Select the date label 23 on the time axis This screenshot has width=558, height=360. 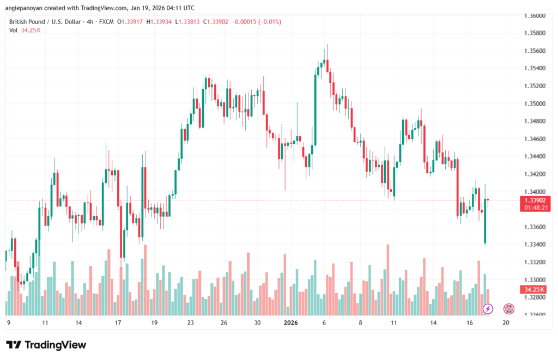(x=191, y=322)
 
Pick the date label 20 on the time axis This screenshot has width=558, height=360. (x=506, y=322)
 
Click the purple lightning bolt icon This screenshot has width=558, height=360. (x=488, y=309)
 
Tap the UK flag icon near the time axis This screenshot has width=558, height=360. (x=510, y=309)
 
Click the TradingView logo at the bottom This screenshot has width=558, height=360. (x=46, y=345)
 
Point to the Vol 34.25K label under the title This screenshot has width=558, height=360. (x=25, y=30)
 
